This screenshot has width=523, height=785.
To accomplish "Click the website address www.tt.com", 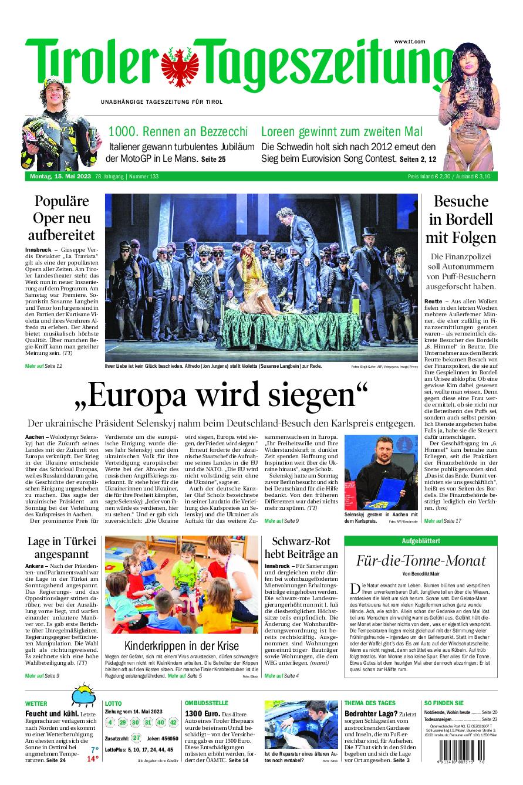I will point(409,41).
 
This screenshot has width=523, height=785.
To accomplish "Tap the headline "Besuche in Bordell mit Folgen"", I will point(461,219).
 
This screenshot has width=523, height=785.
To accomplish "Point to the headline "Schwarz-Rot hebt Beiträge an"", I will point(301,547).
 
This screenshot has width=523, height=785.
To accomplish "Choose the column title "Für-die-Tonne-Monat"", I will point(421,560).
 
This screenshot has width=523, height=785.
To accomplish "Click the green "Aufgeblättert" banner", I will point(421,540).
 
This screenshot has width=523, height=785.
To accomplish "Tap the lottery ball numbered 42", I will point(173,722).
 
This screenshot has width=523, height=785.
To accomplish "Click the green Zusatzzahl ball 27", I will point(136,737).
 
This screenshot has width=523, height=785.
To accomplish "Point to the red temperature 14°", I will point(93,759).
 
